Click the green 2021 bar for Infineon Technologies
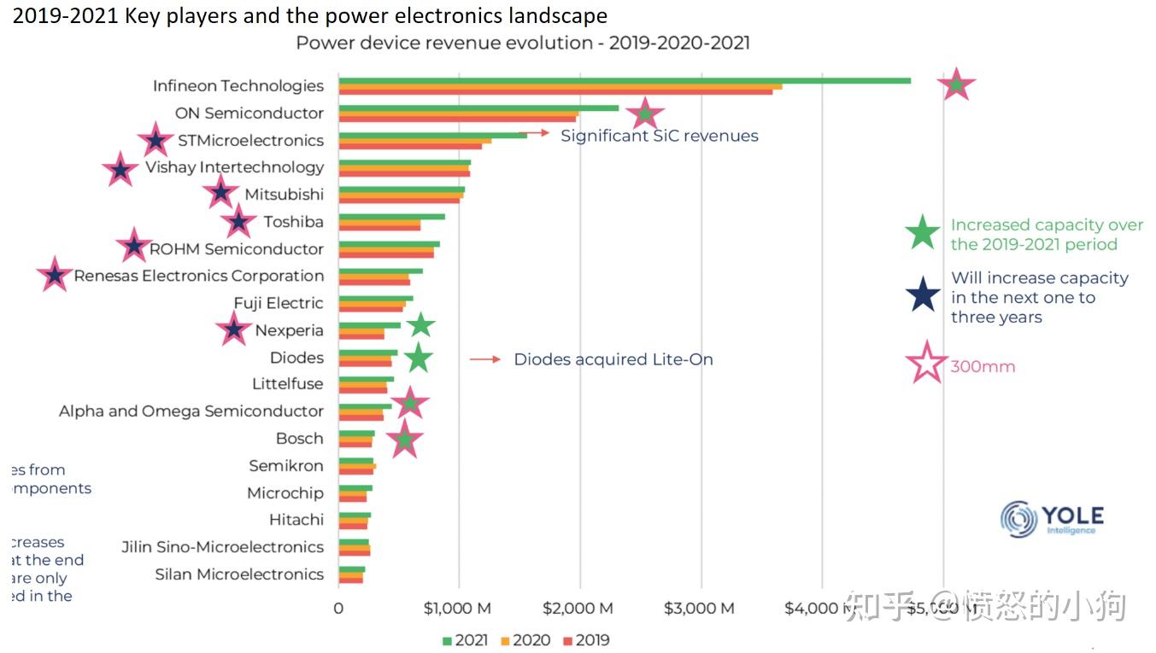click(624, 80)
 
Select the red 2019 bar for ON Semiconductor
click(457, 119)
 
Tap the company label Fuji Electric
click(279, 303)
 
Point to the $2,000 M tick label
click(579, 609)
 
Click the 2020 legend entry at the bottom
click(525, 640)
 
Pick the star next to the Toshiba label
click(238, 222)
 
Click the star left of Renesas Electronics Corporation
click(55, 276)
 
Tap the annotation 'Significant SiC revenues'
click(659, 136)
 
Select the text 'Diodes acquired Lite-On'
click(613, 359)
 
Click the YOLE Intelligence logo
click(1053, 519)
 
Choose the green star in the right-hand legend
click(923, 234)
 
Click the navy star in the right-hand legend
click(923, 295)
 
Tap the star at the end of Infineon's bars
click(956, 85)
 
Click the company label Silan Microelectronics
click(239, 574)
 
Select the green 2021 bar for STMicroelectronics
click(432, 135)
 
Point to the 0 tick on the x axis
click(338, 609)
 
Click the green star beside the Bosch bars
click(405, 440)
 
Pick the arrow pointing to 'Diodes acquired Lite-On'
click(485, 359)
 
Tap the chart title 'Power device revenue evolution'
click(522, 43)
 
